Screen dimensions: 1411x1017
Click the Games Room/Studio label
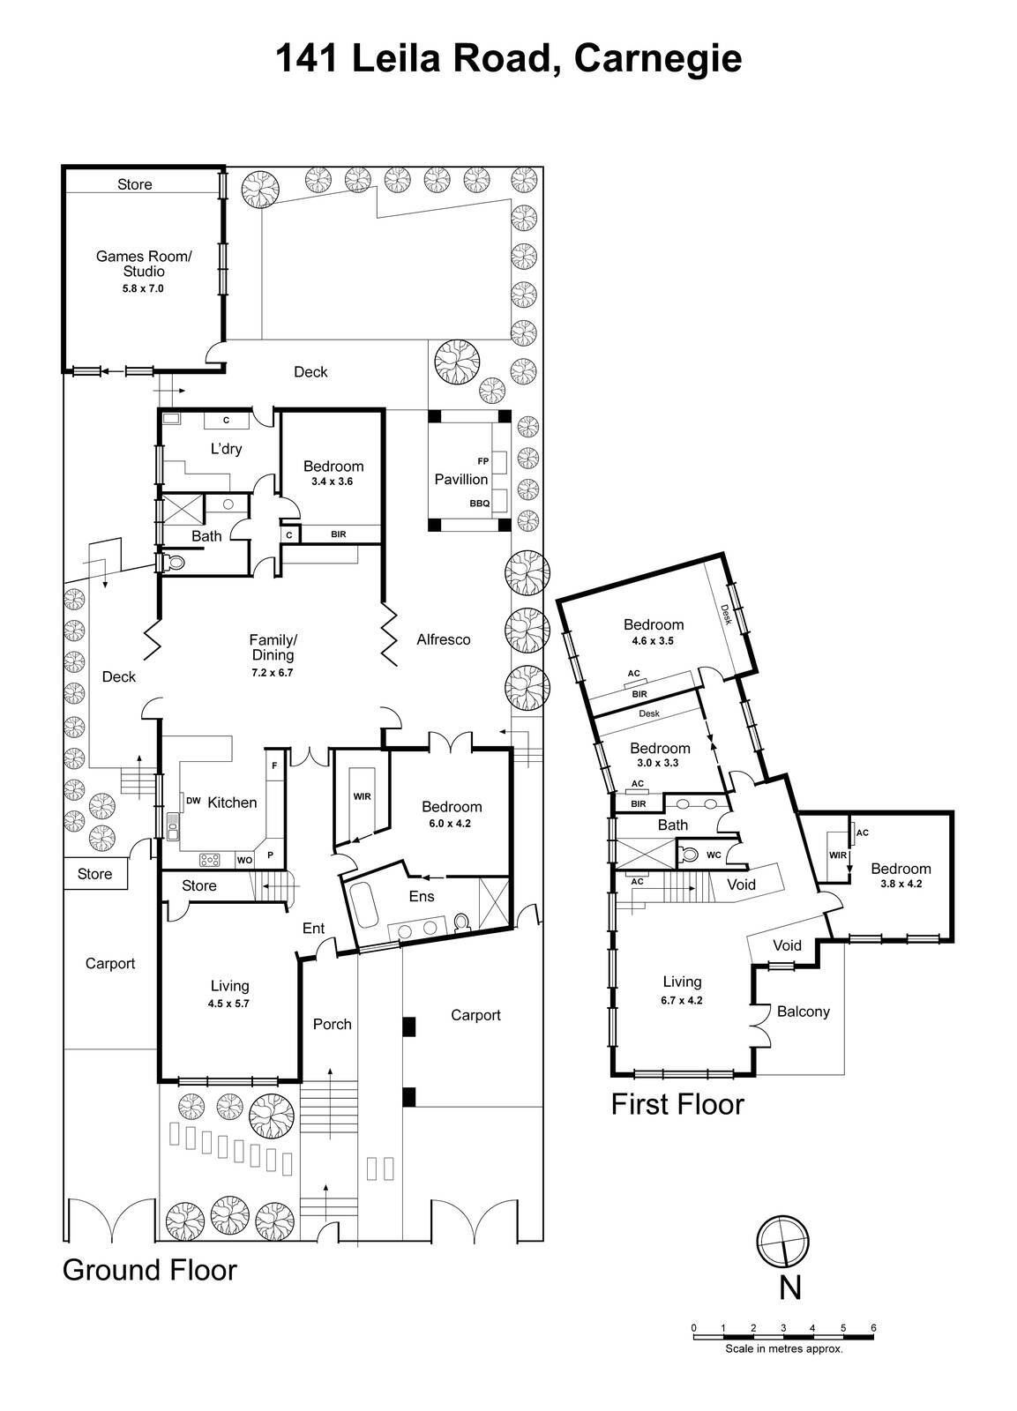tap(143, 264)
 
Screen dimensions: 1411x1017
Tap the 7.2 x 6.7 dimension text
tap(271, 672)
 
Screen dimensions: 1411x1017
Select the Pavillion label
tap(460, 479)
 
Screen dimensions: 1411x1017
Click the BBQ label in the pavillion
tap(479, 503)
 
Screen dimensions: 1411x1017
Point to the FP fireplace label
tap(482, 461)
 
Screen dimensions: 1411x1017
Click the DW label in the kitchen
tap(192, 801)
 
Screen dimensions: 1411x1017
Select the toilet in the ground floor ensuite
tap(460, 922)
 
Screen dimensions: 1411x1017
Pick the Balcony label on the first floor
tap(803, 1012)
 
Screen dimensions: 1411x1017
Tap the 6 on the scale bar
tap(873, 1328)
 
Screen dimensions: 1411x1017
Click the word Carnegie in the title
tap(657, 58)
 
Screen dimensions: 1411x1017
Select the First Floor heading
tap(677, 1104)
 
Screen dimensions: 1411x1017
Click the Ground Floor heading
tap(150, 1270)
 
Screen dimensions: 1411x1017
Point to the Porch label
tap(333, 1024)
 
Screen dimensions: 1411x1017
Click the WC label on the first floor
tap(714, 855)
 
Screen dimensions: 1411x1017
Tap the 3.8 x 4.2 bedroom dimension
tap(901, 883)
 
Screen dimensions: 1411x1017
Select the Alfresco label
tap(443, 639)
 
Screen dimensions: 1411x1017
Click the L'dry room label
tap(226, 448)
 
